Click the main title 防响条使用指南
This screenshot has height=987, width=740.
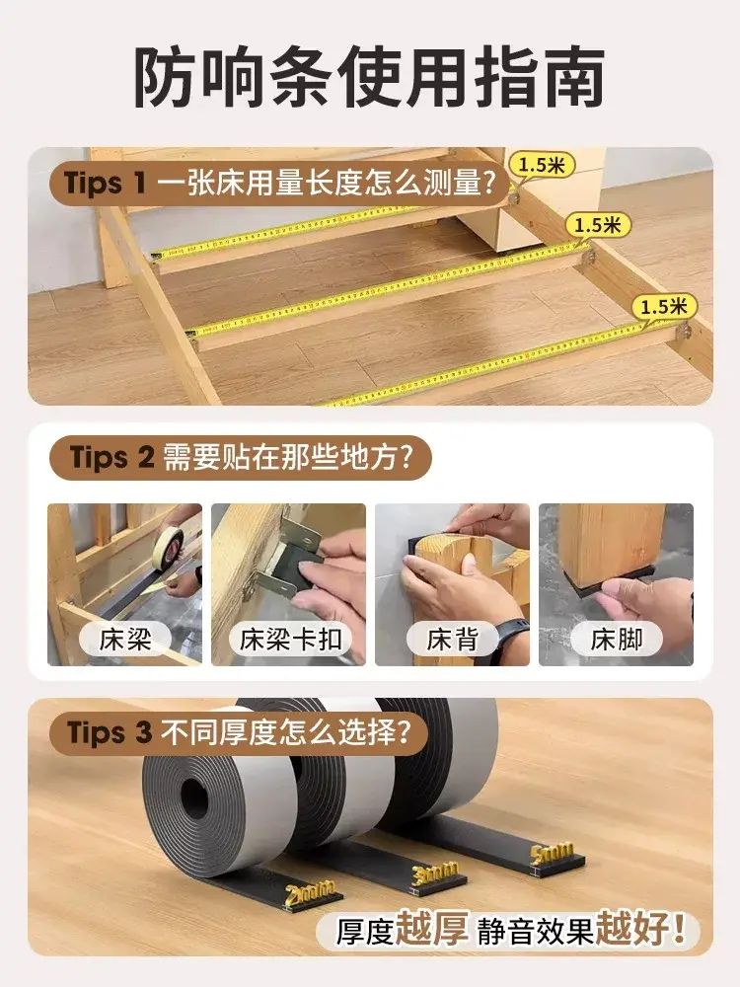point(369,76)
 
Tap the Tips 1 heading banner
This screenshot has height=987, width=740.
point(279,184)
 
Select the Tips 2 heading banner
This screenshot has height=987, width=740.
point(241,457)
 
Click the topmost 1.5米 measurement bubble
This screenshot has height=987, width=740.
point(542,165)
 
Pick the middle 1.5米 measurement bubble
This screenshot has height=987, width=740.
point(598,225)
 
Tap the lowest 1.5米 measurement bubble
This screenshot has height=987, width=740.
point(664,307)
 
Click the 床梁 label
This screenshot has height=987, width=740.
point(125,639)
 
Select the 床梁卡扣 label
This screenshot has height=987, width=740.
point(290,639)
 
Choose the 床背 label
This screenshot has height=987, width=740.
point(453,639)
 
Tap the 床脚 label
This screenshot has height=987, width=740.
point(617,639)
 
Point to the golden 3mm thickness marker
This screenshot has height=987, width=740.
point(434,874)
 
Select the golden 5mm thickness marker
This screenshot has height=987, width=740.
point(552,856)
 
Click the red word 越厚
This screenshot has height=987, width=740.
point(432,929)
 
